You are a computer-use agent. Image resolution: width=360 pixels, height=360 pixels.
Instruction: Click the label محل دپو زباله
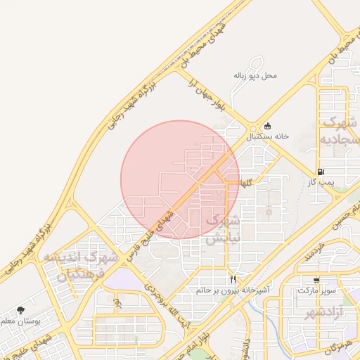tap(255, 75)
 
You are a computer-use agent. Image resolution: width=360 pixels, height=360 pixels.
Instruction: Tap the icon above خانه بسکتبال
tap(268, 126)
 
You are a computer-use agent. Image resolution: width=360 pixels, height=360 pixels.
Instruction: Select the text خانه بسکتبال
tap(267, 137)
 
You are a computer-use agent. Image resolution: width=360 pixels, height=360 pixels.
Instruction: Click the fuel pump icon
tap(321, 171)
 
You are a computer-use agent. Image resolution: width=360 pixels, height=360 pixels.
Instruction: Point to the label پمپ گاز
tap(321, 182)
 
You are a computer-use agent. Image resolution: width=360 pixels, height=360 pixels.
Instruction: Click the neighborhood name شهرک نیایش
tap(223, 229)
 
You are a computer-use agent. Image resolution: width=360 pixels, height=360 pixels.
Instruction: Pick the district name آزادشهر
tap(340, 311)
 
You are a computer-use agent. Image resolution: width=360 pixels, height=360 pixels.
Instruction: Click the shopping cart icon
tap(317, 279)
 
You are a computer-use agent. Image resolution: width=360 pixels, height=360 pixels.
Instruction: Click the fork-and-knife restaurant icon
tap(233, 278)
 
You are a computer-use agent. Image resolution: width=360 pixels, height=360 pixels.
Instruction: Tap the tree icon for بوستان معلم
tap(20, 310)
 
